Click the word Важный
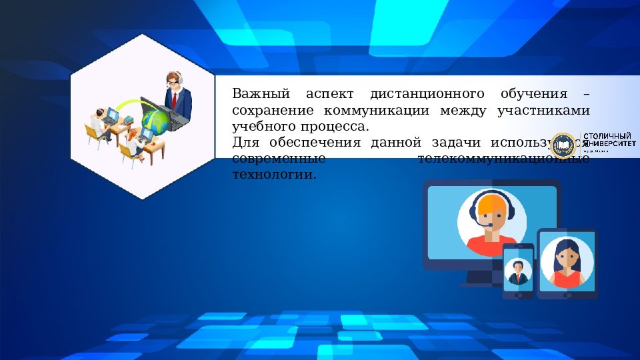256,93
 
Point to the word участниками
543,110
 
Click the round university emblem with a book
563,145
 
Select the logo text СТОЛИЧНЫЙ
608,137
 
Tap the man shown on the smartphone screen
517,271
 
